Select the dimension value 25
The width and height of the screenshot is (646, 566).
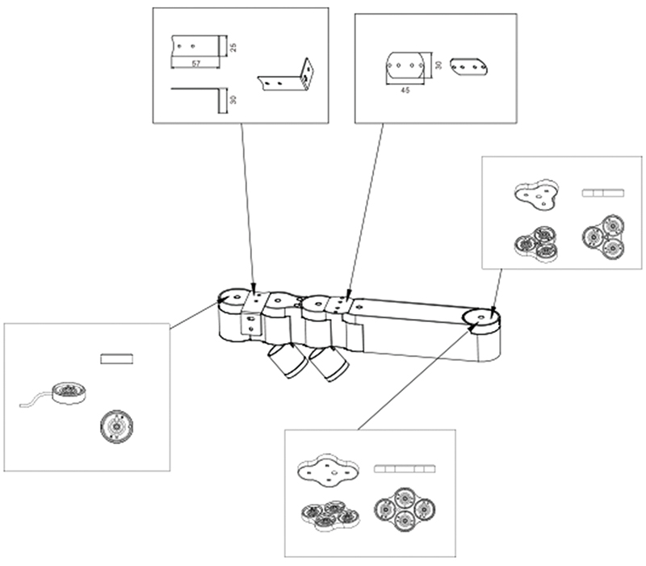(233, 47)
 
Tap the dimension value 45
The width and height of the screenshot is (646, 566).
(405, 90)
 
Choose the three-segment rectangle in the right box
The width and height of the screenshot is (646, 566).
(603, 193)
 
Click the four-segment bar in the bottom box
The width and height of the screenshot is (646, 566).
(404, 468)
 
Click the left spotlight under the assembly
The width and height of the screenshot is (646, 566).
(283, 360)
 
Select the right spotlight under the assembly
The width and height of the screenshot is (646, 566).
(327, 363)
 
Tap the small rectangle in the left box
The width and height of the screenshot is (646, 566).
(115, 358)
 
